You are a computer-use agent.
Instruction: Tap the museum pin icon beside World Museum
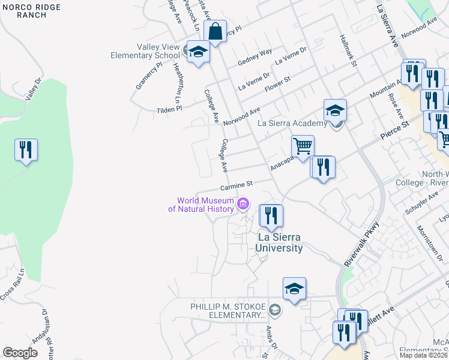243,205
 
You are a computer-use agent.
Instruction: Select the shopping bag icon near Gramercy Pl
214,31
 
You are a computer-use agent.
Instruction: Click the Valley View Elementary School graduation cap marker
196,52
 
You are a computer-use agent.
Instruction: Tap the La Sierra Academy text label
292,124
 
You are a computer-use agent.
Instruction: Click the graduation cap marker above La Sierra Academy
335,110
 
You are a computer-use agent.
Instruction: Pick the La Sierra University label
280,242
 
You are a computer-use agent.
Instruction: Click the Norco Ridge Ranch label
24,11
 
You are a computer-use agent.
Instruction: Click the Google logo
20,352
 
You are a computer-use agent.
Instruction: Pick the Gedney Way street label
255,56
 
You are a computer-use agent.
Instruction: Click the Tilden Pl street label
169,109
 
